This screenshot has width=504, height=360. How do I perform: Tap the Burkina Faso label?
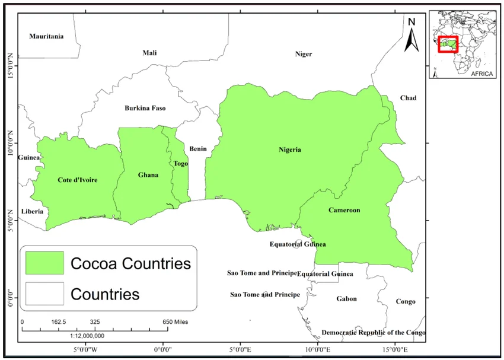pyautogui.click(x=145, y=108)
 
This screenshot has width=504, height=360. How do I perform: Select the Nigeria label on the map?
pyautogui.click(x=290, y=149)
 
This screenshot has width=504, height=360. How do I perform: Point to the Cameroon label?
pyautogui.click(x=344, y=210)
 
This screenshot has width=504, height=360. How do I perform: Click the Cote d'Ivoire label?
pyautogui.click(x=78, y=180)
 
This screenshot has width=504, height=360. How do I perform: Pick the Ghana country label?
pyautogui.click(x=148, y=175)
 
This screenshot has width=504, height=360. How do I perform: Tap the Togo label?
pyautogui.click(x=181, y=164)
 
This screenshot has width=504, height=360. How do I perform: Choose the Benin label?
pyautogui.click(x=198, y=149)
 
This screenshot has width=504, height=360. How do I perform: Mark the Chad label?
pyautogui.click(x=408, y=98)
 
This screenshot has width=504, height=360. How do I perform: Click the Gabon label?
pyautogui.click(x=347, y=298)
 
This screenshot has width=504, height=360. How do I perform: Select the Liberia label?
pyautogui.click(x=32, y=211)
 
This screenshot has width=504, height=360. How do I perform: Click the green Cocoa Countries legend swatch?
pyautogui.click(x=44, y=263)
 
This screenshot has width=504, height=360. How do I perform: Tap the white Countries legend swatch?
pyautogui.click(x=44, y=294)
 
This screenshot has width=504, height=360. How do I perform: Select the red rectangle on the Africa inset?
pyautogui.click(x=448, y=44)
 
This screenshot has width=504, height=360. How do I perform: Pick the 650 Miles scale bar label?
pyautogui.click(x=176, y=321)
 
